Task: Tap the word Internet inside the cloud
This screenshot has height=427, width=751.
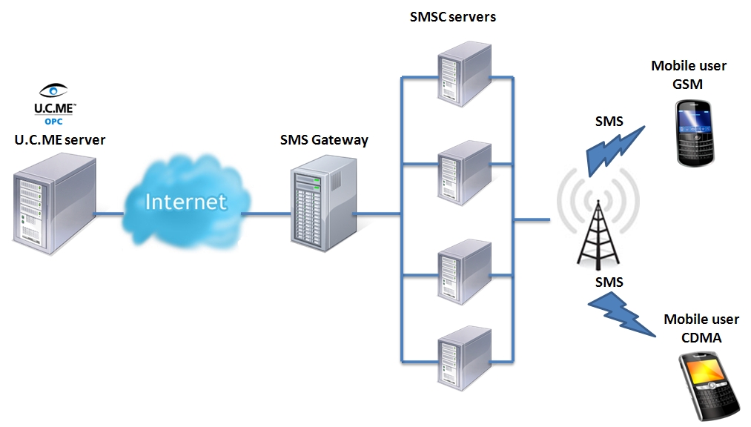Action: tap(185, 202)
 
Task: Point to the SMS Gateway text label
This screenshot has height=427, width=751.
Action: tap(324, 139)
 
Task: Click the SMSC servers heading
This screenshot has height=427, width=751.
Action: tap(452, 16)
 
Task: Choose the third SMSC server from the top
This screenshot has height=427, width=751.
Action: tap(463, 269)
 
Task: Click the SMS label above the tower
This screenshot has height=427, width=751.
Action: tap(609, 121)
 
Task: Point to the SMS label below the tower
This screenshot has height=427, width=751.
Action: tap(609, 282)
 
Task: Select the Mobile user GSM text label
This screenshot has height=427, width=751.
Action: tap(689, 75)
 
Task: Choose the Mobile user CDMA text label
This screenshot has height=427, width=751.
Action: tap(701, 328)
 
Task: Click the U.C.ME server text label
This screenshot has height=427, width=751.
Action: tap(60, 139)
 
